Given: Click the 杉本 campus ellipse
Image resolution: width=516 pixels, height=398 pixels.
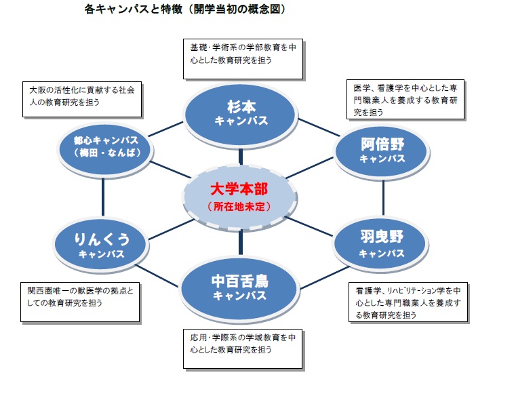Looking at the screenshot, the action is [x=241, y=115].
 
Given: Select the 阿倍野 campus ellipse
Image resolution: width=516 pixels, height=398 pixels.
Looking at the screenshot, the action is [x=382, y=152].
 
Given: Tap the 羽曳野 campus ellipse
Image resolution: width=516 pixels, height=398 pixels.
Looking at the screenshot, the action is [x=380, y=244].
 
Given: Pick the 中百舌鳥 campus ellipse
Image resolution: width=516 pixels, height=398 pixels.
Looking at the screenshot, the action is [x=240, y=288].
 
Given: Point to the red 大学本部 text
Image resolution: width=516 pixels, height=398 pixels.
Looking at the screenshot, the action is [x=239, y=189].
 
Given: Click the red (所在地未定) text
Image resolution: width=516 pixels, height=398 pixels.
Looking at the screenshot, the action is [x=239, y=206].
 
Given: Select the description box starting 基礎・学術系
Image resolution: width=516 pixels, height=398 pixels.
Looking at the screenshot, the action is [x=243, y=59].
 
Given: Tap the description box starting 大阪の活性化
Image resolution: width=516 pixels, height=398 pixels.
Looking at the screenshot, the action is [x=82, y=100].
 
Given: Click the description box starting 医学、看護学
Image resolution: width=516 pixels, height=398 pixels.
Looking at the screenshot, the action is [x=405, y=100].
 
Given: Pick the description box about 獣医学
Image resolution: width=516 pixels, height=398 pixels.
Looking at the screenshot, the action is [x=80, y=302].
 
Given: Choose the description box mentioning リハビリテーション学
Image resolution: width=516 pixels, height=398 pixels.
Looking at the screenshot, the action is [x=408, y=302].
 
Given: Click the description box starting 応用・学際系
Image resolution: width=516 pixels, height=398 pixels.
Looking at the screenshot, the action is [x=243, y=349].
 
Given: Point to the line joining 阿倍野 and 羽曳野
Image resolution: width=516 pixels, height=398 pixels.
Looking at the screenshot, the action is [x=383, y=197].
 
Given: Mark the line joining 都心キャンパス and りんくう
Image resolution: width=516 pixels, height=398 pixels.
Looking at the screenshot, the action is [x=103, y=197].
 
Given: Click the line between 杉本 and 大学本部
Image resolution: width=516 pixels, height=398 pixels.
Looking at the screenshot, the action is [x=241, y=157].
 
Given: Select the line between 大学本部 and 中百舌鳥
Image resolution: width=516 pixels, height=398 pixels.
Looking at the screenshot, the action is [x=241, y=242].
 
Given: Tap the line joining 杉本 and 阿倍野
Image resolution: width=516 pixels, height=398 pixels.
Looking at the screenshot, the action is [x=319, y=127].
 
